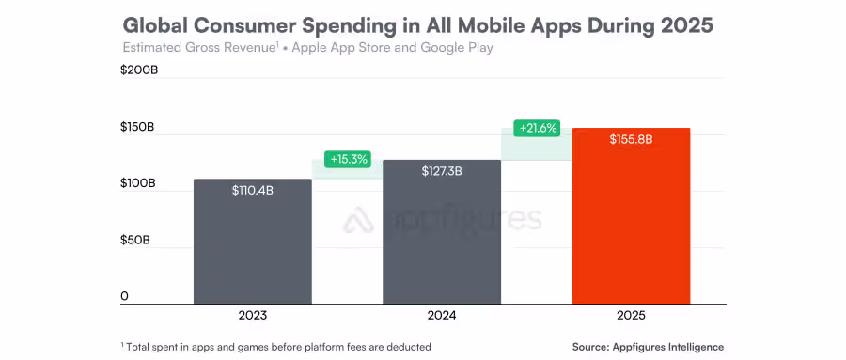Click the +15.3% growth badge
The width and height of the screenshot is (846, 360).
coord(348,159)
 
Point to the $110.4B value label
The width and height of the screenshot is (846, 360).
coord(252,190)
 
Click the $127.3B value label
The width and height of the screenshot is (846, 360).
coord(442,171)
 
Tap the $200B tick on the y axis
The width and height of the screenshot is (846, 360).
coord(138,70)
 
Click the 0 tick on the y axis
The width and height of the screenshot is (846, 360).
coord(124,297)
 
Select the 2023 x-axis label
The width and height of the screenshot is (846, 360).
coord(252,316)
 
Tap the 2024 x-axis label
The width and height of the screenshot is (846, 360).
coord(442,316)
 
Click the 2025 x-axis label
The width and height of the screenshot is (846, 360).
coord(632,316)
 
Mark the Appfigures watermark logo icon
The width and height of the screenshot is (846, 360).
coord(359,221)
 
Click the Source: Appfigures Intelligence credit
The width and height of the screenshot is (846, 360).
coord(648,347)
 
